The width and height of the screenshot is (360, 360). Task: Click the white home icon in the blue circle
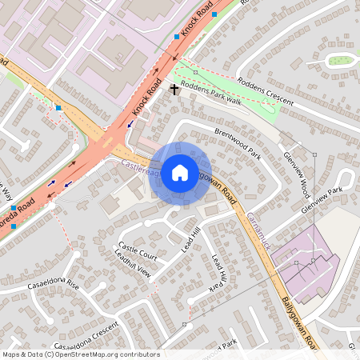(x=180, y=172)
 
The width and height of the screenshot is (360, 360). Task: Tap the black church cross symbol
(x=174, y=89)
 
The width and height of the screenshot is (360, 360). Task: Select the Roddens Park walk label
(x=211, y=93)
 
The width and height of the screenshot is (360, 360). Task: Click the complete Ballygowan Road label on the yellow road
(x=299, y=323)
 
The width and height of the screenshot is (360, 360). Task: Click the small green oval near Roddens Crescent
(x=339, y=60)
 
